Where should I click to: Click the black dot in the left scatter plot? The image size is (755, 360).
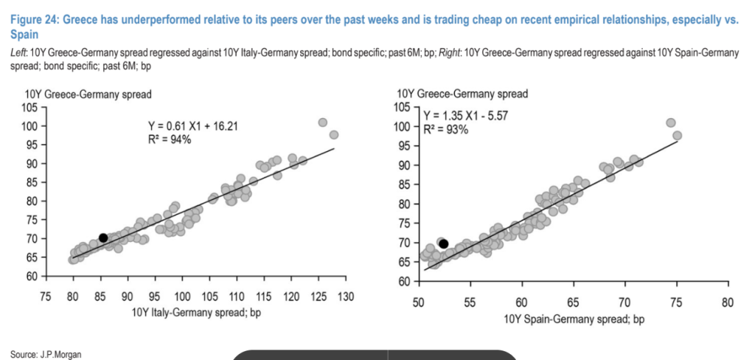click(103, 238)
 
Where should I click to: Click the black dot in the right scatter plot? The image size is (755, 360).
click(443, 243)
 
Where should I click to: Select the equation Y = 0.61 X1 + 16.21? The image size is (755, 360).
click(195, 126)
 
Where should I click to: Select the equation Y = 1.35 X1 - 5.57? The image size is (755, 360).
click(465, 116)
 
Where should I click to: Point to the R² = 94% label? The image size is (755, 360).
click(170, 139)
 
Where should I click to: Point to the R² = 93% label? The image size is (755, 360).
click(446, 129)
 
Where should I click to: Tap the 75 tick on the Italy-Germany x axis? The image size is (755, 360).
click(46, 297)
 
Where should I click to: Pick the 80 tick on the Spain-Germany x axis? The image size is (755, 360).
click(728, 302)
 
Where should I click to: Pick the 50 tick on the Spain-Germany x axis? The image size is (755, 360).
click(418, 302)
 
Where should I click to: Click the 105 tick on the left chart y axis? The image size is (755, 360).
click(30, 107)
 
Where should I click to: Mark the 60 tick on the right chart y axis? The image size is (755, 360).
click(403, 282)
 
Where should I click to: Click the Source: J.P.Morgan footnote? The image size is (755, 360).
click(46, 354)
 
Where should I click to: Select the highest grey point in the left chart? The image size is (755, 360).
click(322, 122)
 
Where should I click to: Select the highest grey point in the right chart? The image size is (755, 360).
click(670, 123)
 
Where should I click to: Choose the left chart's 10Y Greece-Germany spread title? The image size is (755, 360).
click(99, 94)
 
